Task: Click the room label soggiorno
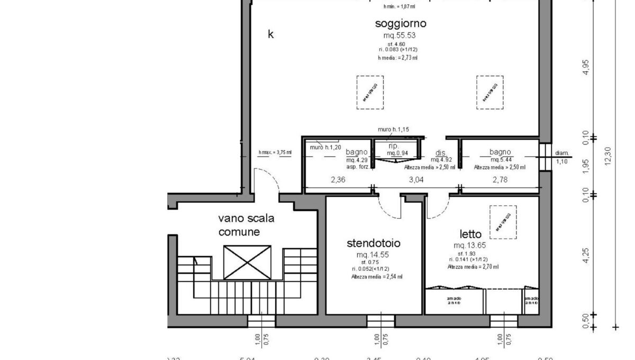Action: pyautogui.click(x=401, y=23)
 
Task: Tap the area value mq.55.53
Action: pyautogui.click(x=401, y=35)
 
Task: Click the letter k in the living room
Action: pyautogui.click(x=271, y=35)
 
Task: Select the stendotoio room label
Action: pyautogui.click(x=374, y=244)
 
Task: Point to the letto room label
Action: pyautogui.click(x=470, y=234)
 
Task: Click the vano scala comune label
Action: pyautogui.click(x=246, y=224)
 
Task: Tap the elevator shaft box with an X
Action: pyautogui.click(x=247, y=262)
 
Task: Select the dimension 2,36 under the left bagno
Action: pyautogui.click(x=338, y=179)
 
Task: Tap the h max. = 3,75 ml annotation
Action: pyautogui.click(x=275, y=152)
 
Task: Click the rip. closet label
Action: pyautogui.click(x=393, y=146)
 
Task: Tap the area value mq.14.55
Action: pyautogui.click(x=374, y=255)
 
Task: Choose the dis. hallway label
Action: pyautogui.click(x=440, y=152)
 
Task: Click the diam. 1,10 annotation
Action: pyautogui.click(x=562, y=157)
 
